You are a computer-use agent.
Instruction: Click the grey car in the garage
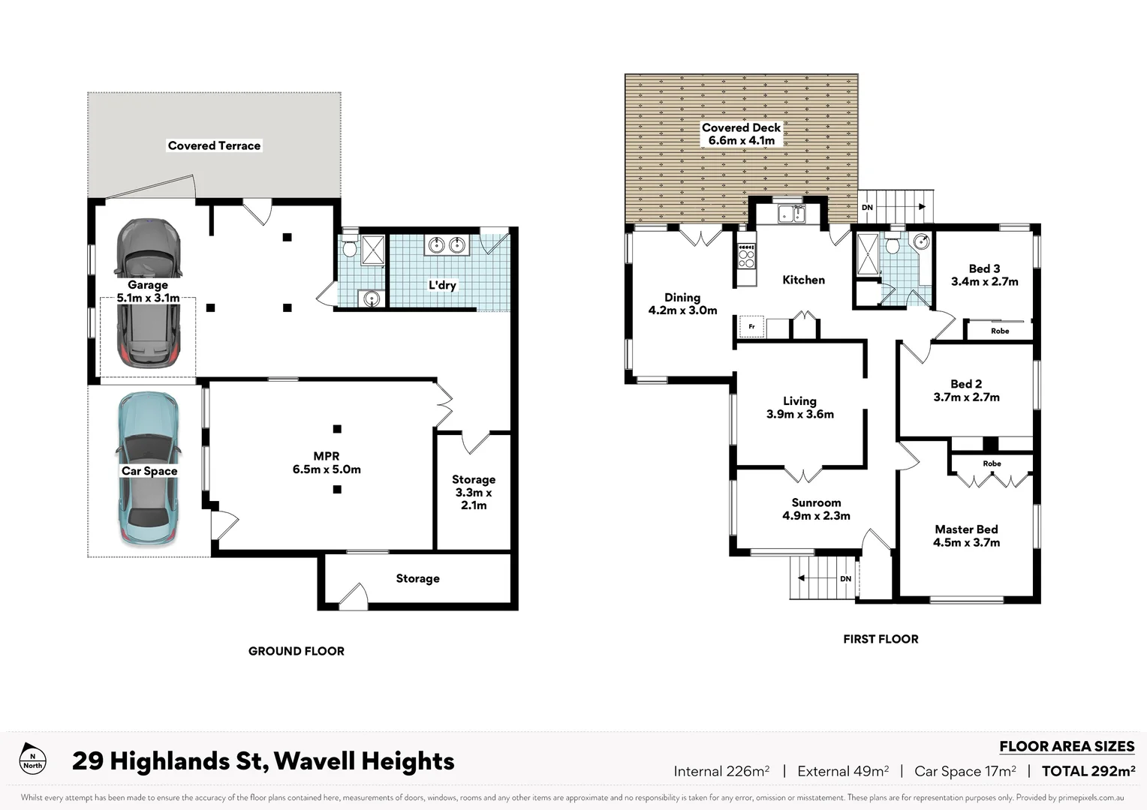[148, 292]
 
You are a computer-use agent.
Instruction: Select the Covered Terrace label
[214, 145]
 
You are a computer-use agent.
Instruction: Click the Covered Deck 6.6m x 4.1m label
[741, 134]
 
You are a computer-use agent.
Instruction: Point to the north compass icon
[32, 760]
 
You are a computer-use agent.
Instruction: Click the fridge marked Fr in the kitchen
[751, 327]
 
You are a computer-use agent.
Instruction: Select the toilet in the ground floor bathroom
[350, 247]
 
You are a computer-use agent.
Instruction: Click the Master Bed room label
[966, 535]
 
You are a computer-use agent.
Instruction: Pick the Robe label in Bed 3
[999, 331]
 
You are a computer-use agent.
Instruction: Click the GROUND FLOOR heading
[297, 651]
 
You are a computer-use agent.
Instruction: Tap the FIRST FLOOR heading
[881, 639]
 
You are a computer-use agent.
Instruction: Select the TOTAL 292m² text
[1088, 771]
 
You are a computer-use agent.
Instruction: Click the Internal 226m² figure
[721, 771]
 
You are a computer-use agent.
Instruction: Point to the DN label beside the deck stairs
[867, 208]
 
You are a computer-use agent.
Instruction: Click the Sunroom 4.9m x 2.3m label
[816, 509]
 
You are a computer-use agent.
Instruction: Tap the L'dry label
[442, 285]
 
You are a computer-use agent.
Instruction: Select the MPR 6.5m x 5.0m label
[327, 463]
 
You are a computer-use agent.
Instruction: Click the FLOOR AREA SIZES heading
[1066, 746]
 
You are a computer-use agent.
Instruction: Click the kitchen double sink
[790, 214]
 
